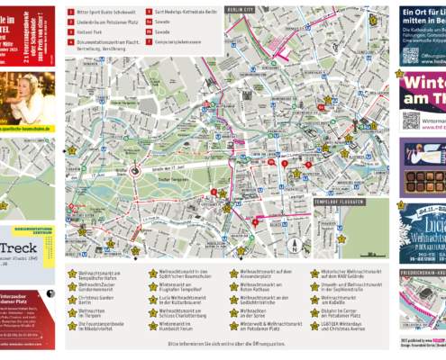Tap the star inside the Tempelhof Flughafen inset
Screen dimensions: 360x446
tap(341, 238)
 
